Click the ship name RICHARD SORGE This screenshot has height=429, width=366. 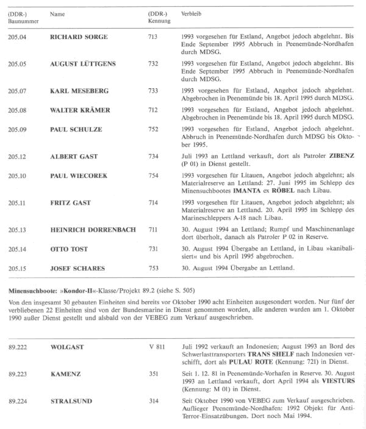[x=79, y=37]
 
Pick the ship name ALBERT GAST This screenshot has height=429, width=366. [x=74, y=157]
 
